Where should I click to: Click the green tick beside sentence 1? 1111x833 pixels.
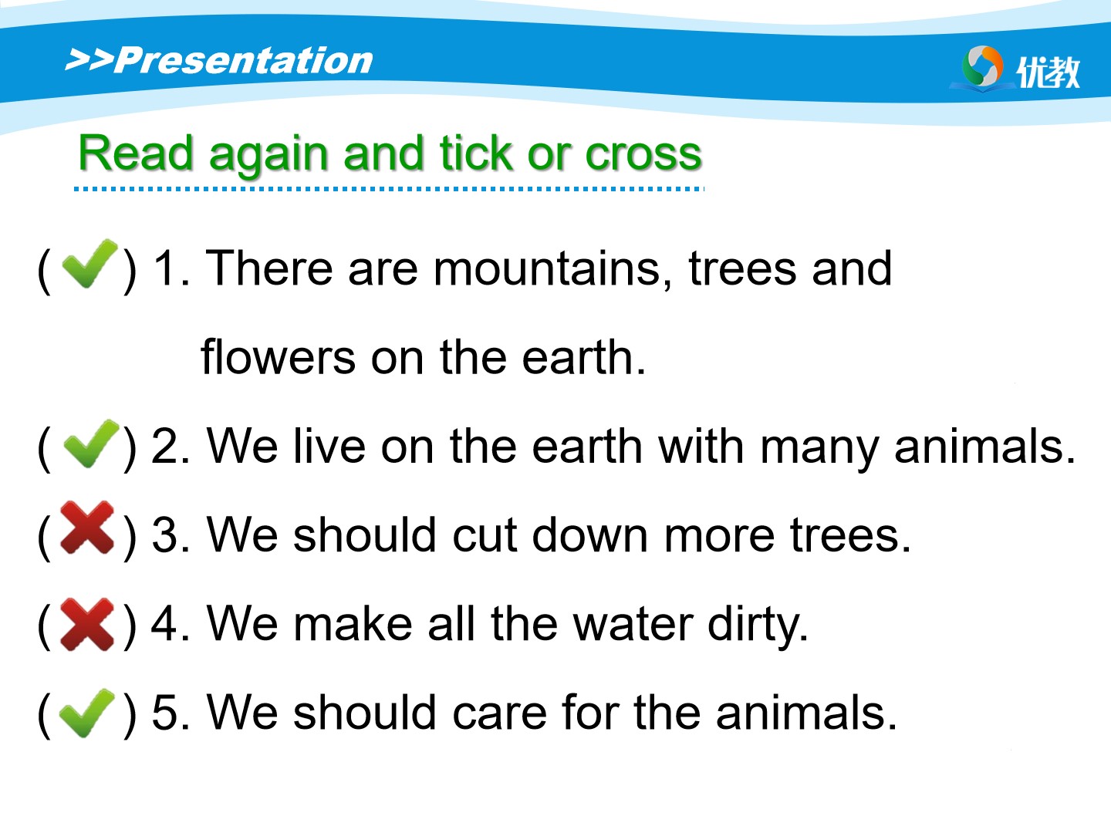coord(89,264)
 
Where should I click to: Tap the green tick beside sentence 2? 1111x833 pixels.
coord(91,443)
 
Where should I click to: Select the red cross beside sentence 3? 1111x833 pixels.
coord(86,528)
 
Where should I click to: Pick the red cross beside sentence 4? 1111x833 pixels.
coord(86,624)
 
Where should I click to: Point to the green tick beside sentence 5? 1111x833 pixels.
coord(87,713)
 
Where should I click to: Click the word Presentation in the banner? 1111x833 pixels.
coord(244,61)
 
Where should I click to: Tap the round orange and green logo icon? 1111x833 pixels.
coord(982,67)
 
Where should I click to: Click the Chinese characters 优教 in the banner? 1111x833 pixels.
coord(1048,73)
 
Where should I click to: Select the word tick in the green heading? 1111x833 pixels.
coord(476,152)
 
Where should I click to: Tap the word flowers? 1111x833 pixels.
coord(278,357)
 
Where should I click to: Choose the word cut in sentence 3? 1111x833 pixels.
coord(485,535)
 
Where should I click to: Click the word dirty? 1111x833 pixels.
coord(758,627)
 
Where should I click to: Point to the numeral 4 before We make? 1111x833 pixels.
coord(164,623)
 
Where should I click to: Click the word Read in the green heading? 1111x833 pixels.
coord(136,152)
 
